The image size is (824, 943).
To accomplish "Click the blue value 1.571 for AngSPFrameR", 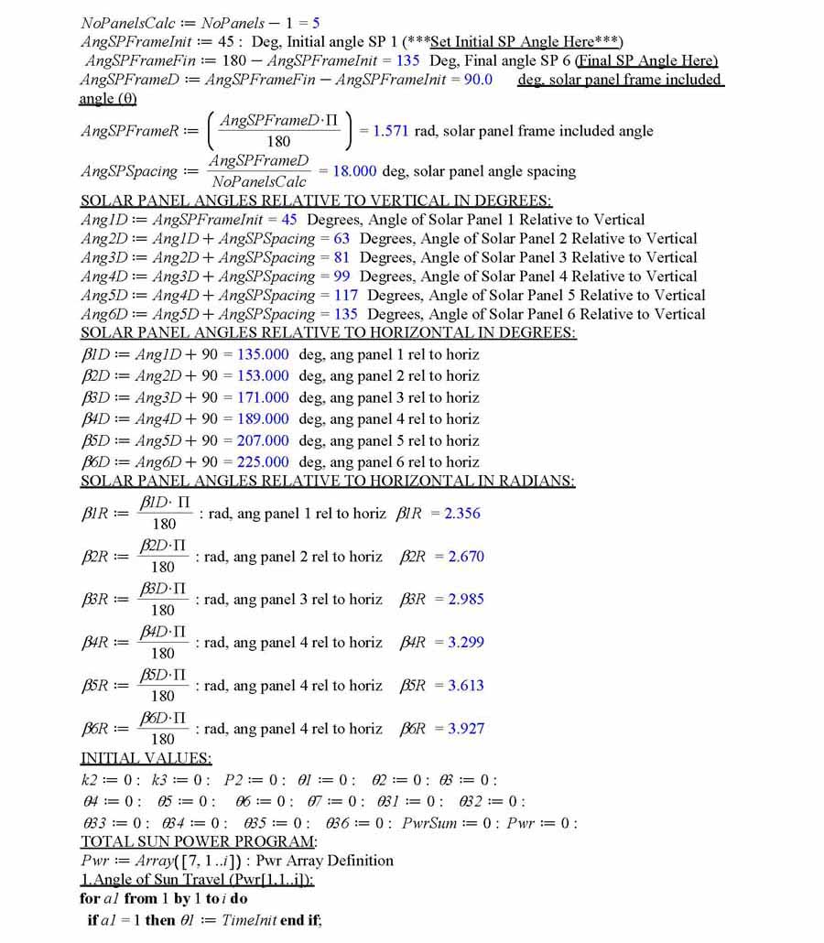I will pyautogui.click(x=391, y=131).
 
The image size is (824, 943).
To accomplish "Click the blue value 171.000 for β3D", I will pyautogui.click(x=263, y=397).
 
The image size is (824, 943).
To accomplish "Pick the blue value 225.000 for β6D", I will pyautogui.click(x=263, y=462).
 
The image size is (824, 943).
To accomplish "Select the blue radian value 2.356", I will pyautogui.click(x=462, y=514).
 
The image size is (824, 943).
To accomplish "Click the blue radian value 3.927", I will pyautogui.click(x=466, y=729).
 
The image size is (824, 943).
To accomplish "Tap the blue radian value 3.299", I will pyautogui.click(x=466, y=643).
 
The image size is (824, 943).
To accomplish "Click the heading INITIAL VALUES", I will pyautogui.click(x=146, y=758).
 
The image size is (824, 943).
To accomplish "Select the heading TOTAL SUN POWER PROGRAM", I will pyautogui.click(x=199, y=841).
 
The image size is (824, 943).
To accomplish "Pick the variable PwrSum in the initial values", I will pyautogui.click(x=429, y=823).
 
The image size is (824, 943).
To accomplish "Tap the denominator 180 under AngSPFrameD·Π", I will pyautogui.click(x=278, y=141).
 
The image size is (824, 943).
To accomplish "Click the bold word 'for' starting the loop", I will pyautogui.click(x=90, y=899).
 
